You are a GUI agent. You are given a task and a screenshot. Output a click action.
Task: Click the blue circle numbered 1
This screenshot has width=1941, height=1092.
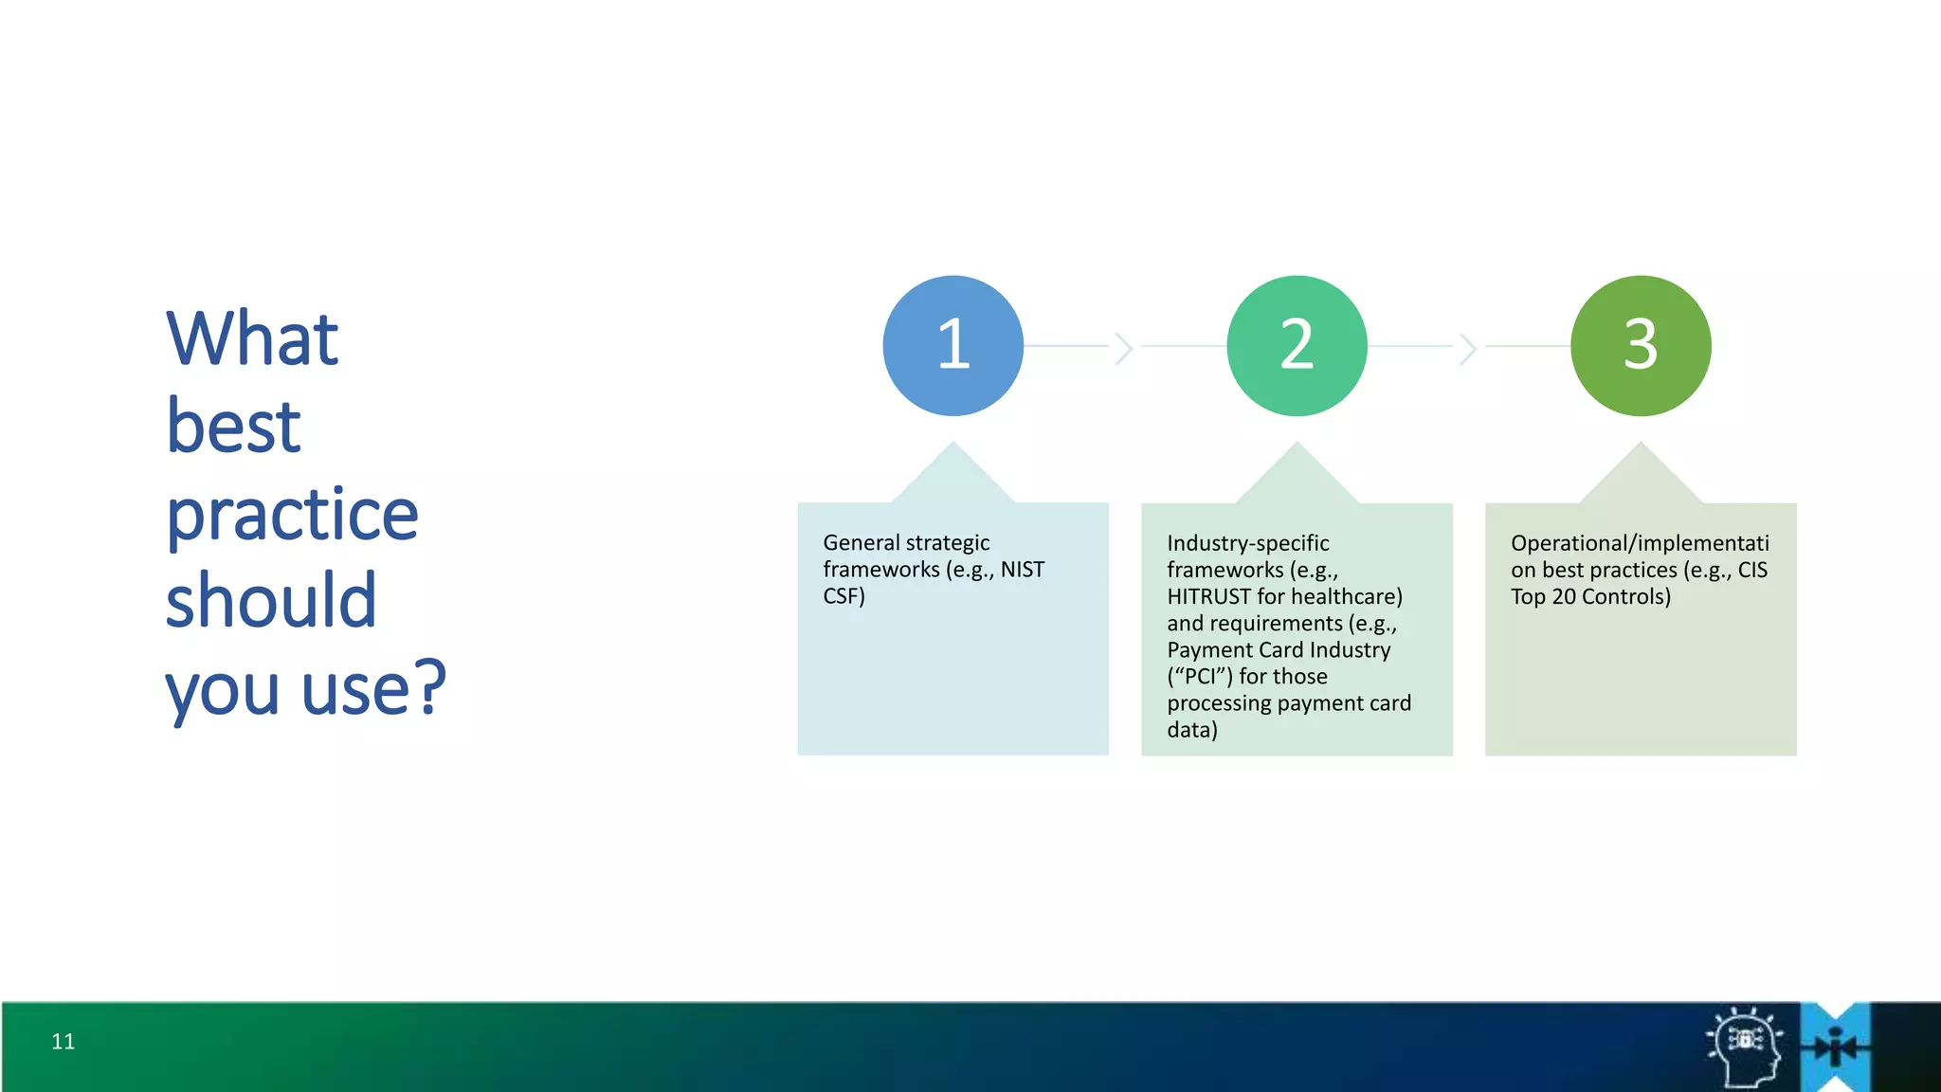coord(952,345)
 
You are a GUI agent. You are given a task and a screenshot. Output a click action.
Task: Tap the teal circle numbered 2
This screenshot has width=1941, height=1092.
coord(1297,345)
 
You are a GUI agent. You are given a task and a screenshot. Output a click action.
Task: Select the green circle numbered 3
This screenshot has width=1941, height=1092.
coord(1641,345)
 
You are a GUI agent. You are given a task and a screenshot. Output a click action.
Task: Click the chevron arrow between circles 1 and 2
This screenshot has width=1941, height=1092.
coord(1124,348)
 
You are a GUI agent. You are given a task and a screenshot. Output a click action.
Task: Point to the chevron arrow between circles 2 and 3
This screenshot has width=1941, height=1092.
coord(1468,348)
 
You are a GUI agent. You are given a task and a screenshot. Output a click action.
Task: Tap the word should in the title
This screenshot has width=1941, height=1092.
coord(271,601)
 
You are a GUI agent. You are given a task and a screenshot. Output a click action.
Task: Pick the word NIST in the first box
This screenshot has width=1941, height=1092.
coord(1022,570)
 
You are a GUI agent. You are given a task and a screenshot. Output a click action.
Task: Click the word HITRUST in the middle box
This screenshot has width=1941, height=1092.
coord(1208,597)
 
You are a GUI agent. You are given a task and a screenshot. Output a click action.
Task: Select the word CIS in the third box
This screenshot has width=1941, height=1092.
coord(1752,570)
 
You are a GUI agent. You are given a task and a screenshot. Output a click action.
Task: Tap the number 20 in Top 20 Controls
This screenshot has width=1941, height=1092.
coord(1564,597)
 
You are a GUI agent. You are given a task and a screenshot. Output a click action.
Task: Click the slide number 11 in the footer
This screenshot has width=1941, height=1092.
coord(63,1042)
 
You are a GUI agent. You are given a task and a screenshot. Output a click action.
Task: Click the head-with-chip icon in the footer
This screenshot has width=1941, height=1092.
coord(1746,1046)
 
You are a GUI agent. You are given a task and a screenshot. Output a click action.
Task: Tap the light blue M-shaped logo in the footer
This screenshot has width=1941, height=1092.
coord(1836,1046)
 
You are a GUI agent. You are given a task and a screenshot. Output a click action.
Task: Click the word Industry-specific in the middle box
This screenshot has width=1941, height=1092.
coord(1247,543)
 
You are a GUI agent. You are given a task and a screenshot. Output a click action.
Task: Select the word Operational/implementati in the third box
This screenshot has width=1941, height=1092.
coord(1640,543)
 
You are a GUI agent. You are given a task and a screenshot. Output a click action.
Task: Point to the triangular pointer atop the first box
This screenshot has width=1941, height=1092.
coord(953,474)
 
